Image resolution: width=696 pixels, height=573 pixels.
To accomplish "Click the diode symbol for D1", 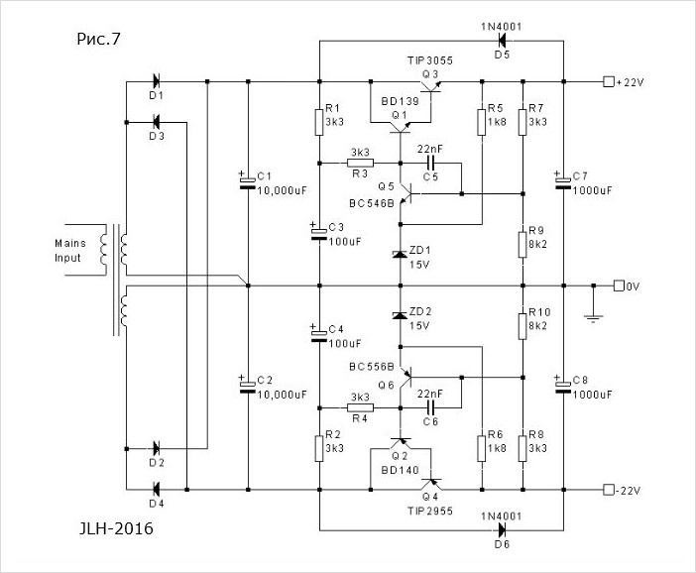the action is coord(156,81).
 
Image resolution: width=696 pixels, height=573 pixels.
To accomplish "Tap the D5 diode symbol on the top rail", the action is coord(502,41).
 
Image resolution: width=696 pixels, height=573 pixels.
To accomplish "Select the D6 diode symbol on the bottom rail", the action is coord(502,530).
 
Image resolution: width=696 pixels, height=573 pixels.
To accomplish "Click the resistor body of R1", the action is coord(319,122).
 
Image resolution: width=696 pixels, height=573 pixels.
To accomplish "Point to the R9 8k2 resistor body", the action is coord(522,245).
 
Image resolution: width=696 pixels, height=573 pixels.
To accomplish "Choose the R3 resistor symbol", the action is coord(360,164).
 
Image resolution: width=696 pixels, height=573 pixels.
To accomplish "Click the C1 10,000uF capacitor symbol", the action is coord(248,182).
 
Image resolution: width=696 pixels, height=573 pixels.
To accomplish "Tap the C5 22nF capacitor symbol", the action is coord(430,163).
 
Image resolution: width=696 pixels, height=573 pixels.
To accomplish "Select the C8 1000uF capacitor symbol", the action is coord(563,387).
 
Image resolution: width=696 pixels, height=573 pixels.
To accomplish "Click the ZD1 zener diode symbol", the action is coord(400,255).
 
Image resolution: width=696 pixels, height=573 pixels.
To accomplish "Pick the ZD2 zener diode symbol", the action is coord(400,315).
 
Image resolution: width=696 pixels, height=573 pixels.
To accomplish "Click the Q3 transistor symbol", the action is coord(430,84).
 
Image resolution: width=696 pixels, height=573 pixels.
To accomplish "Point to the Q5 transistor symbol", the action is coord(405,194).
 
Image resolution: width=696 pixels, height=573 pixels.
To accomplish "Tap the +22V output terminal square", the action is coord(608,81).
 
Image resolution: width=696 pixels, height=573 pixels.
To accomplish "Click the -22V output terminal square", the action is coord(608,490).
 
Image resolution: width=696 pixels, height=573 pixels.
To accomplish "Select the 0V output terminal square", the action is coord(619,286).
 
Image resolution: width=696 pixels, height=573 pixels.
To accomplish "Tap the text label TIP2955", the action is coord(430,511).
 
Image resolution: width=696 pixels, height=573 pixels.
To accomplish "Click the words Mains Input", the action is coord(70,251).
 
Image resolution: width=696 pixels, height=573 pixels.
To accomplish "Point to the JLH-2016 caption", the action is coord(116,528).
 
